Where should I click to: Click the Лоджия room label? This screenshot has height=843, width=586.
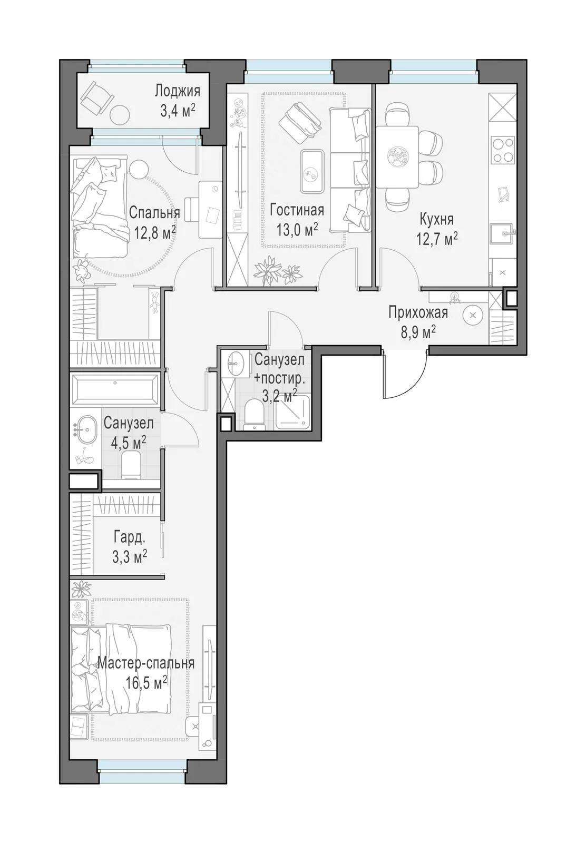(177, 92)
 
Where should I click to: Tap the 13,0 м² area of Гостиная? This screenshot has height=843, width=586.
(297, 229)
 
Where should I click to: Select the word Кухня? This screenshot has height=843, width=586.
(436, 219)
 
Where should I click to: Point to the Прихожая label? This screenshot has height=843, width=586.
(418, 313)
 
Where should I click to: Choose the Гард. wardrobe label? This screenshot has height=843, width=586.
(129, 538)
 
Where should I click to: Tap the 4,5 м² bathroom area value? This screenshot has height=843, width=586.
(129, 443)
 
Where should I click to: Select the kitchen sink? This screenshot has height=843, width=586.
(502, 234)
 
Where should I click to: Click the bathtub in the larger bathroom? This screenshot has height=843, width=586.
(115, 390)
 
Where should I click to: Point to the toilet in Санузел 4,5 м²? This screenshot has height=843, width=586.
(132, 466)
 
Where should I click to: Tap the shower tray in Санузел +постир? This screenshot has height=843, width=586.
(293, 412)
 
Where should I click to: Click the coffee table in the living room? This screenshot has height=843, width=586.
(311, 171)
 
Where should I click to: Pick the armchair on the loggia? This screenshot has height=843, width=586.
(97, 98)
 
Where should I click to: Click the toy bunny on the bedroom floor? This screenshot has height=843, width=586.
(81, 272)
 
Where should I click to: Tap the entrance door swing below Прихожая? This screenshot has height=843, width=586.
(405, 374)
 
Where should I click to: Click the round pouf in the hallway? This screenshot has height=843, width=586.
(473, 316)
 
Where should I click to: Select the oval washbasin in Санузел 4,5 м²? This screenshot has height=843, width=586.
(87, 429)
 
